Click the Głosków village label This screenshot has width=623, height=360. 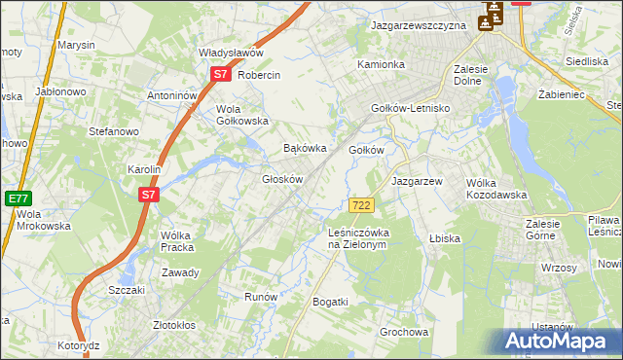click(283, 179)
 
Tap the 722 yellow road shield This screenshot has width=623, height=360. click(361, 204)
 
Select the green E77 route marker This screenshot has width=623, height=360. click(18, 198)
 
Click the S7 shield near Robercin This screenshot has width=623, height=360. click(220, 74)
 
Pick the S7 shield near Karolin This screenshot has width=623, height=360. click(147, 195)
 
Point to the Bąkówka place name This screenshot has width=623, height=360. click(303, 149)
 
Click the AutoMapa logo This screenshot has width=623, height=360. click(557, 342)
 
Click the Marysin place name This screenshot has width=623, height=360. click(76, 45)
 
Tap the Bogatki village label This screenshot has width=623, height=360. click(330, 303)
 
